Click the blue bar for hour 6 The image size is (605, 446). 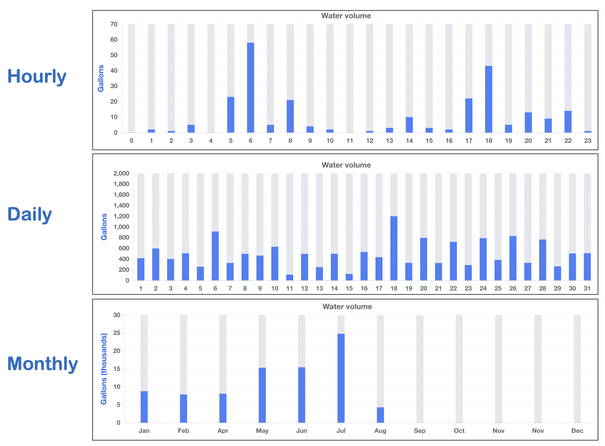(250, 88)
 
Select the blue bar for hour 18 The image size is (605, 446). (488, 99)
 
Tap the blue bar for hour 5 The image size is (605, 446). (231, 115)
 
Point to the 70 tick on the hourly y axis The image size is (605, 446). (114, 24)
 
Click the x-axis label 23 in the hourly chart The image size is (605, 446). (588, 141)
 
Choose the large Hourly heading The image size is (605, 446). (37, 77)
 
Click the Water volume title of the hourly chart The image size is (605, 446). (346, 16)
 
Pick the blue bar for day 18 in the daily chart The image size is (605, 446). (394, 248)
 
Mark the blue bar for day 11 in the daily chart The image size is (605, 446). (289, 277)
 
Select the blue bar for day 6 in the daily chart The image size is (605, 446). (215, 256)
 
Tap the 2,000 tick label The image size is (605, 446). (121, 173)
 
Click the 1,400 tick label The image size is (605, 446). (121, 206)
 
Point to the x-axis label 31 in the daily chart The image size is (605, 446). (587, 288)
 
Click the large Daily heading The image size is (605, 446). (30, 215)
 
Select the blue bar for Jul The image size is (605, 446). (341, 378)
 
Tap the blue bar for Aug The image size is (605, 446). (380, 415)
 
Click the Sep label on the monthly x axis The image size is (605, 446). (420, 431)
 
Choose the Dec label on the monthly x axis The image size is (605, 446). (577, 431)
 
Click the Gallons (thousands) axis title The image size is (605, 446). (104, 369)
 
